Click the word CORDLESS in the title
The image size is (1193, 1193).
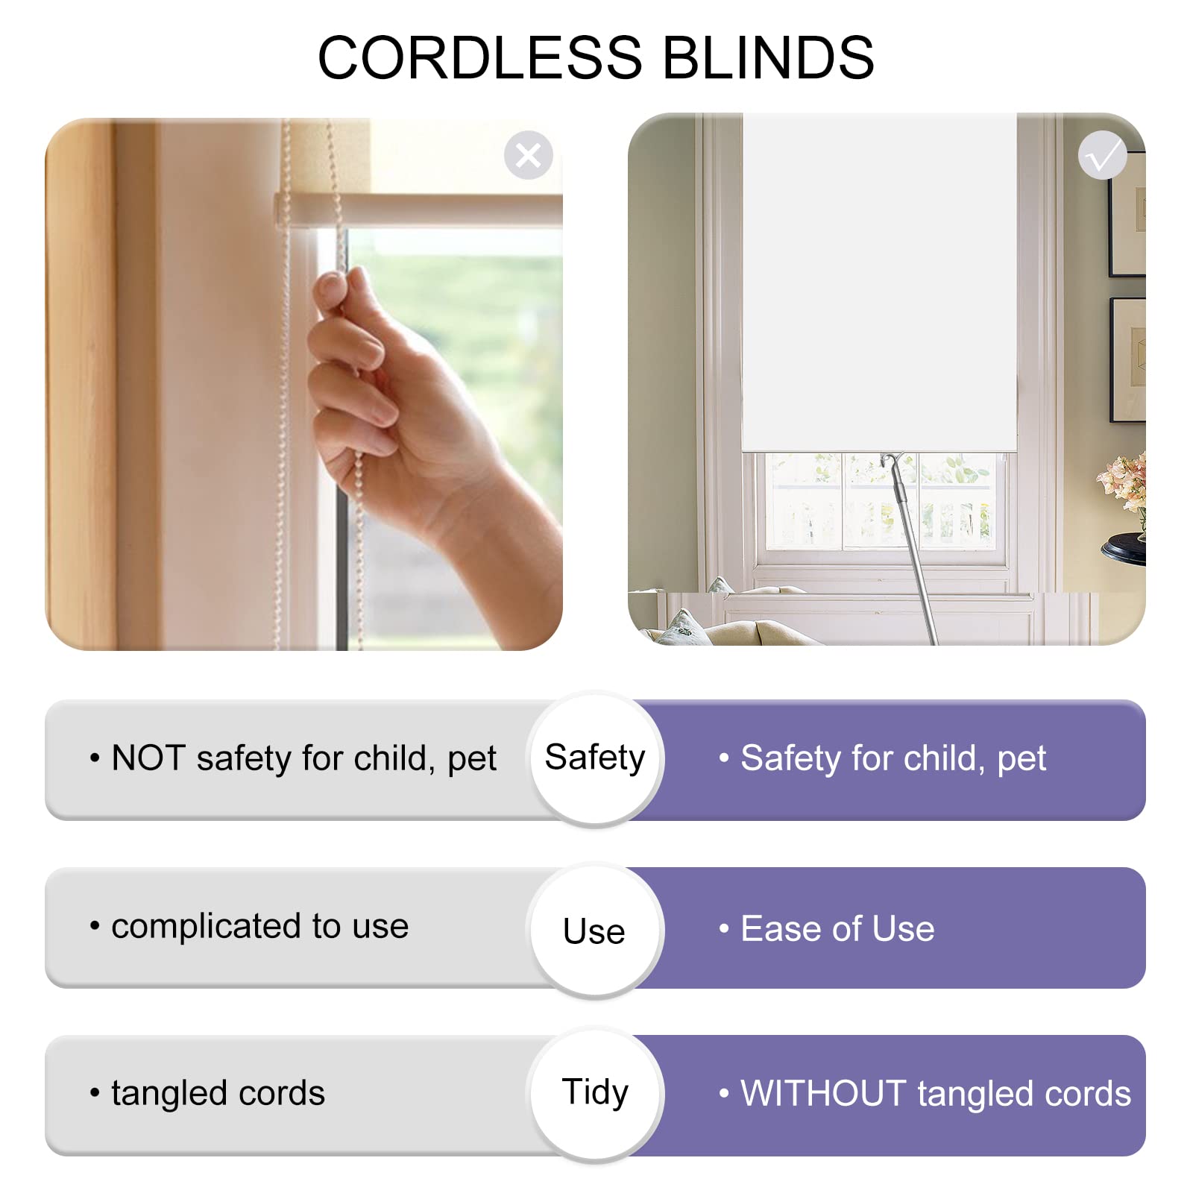(480, 57)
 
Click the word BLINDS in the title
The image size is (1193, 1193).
(768, 57)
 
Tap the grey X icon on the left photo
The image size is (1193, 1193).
(528, 155)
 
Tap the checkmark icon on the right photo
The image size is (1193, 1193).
(1102, 155)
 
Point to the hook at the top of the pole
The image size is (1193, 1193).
(892, 464)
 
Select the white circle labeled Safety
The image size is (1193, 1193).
(595, 759)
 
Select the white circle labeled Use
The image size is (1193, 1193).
(595, 930)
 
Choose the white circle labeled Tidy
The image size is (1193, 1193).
(595, 1094)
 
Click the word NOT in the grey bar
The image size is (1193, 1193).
(148, 758)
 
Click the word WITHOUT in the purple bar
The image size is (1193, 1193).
(823, 1094)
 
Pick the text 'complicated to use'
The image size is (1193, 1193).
(259, 927)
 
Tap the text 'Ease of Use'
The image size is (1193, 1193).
(837, 929)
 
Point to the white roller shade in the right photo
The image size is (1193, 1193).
(879, 282)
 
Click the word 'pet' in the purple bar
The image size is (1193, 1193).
(1022, 761)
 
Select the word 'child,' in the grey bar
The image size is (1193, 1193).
(394, 759)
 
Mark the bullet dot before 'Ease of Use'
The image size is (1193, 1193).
(723, 929)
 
